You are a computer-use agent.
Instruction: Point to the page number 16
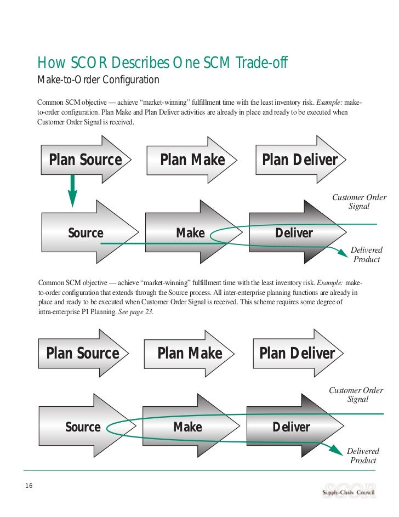29,484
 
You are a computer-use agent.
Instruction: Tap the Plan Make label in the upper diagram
192,160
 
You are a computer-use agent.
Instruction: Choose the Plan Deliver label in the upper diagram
300,160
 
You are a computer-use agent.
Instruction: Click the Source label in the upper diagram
86,233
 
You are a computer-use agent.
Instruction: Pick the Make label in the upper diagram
190,233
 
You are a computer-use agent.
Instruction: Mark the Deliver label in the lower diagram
291,427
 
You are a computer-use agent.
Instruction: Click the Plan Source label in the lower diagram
82,354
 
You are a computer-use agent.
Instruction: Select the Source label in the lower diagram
83,427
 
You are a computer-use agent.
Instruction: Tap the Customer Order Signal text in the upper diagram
359,202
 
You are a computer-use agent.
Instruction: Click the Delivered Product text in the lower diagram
363,456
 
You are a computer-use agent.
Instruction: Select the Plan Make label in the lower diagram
190,354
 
